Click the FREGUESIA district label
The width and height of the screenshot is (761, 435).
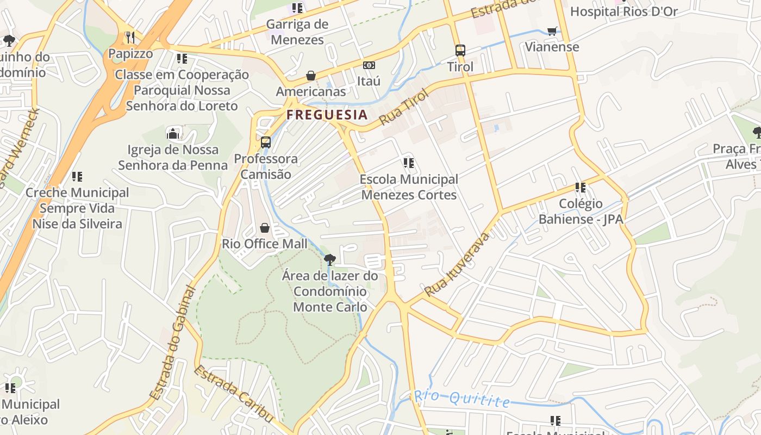tap(327, 115)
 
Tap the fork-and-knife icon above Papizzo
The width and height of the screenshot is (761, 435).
tap(130, 37)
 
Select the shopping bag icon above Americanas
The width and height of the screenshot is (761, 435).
tap(311, 75)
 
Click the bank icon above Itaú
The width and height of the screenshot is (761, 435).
tap(369, 65)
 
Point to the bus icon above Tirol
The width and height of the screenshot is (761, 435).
tap(460, 51)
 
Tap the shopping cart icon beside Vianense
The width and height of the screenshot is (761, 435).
tap(552, 31)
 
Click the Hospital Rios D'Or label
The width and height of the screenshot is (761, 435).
tap(623, 11)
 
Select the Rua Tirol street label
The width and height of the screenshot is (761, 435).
tap(404, 107)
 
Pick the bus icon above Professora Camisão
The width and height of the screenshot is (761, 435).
tap(266, 142)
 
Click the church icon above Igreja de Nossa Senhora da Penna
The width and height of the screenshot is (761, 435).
tap(173, 133)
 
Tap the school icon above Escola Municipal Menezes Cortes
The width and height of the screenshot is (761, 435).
tap(409, 163)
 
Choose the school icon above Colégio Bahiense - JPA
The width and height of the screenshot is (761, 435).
tap(581, 188)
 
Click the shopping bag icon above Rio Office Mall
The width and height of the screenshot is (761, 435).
tap(265, 227)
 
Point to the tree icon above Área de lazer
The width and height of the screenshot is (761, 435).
tap(329, 259)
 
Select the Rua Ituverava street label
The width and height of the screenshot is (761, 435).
tap(458, 264)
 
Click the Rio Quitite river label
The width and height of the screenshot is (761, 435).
tap(462, 399)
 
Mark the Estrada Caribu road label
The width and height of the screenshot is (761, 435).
tap(234, 393)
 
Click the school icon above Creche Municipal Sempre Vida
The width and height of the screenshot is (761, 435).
tap(77, 176)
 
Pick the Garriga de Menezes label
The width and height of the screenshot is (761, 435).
tap(297, 32)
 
